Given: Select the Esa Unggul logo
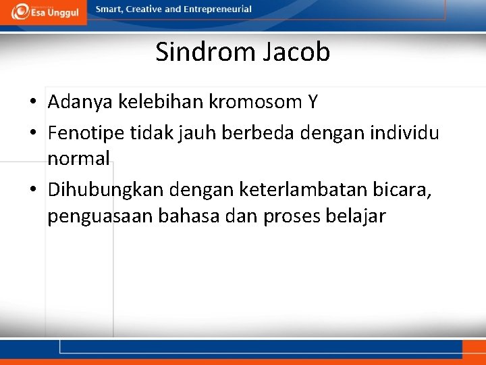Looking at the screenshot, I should pyautogui.click(x=45, y=11).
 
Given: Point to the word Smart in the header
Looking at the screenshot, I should pyautogui.click(x=110, y=9).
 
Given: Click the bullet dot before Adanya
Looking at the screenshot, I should pyautogui.click(x=32, y=103).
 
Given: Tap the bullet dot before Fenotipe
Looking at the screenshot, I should pyautogui.click(x=32, y=133).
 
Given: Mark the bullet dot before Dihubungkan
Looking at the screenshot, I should pyautogui.click(x=32, y=191).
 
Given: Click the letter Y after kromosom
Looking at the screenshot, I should pyautogui.click(x=312, y=102).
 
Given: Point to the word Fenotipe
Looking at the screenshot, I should pyautogui.click(x=84, y=132).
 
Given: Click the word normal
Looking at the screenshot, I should pyautogui.click(x=78, y=159).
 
